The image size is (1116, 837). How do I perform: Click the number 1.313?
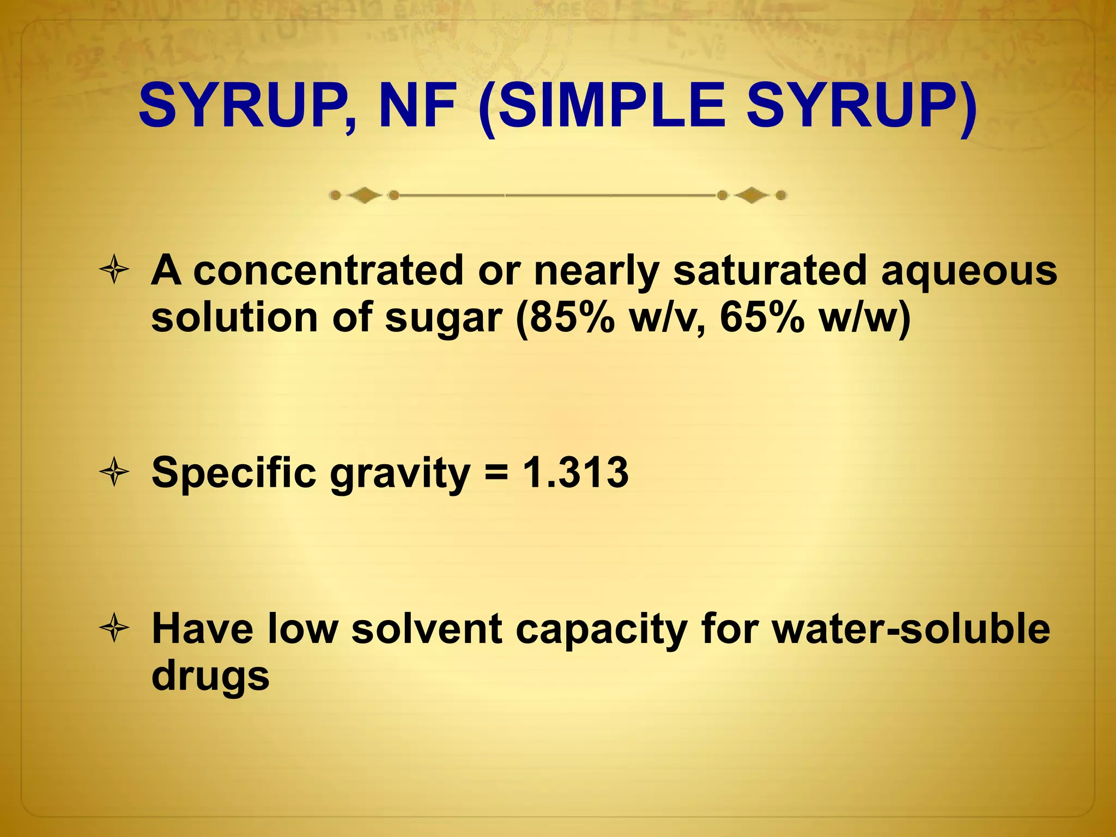click(x=575, y=472)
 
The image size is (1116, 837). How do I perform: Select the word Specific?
click(x=234, y=473)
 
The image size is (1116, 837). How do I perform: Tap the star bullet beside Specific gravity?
click(x=114, y=472)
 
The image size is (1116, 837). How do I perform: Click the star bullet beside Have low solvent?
click(x=114, y=628)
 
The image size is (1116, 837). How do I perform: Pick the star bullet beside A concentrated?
click(x=114, y=269)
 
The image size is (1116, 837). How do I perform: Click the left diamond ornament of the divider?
click(x=365, y=195)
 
